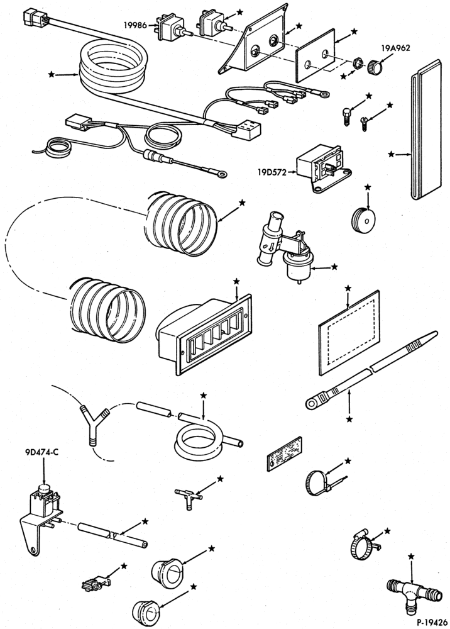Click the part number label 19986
pyautogui.click(x=134, y=25)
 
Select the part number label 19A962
pyautogui.click(x=395, y=48)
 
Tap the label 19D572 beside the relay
pyautogui.click(x=272, y=172)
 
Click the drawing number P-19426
pyautogui.click(x=432, y=623)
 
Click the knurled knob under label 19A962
pyautogui.click(x=374, y=66)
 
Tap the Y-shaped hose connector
pyautogui.click(x=94, y=425)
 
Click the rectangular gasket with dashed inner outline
pyautogui.click(x=349, y=333)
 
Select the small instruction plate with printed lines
pyautogui.click(x=284, y=454)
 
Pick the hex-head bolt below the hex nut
pyautogui.click(x=347, y=117)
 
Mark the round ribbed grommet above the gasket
pyautogui.click(x=365, y=220)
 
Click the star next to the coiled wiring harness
pyautogui.click(x=52, y=74)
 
